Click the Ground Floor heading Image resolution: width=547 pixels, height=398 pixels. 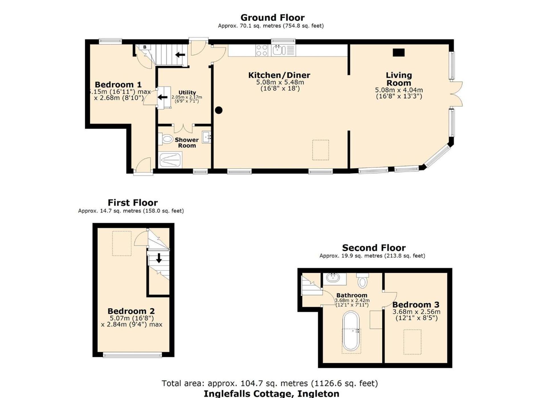point(272,18)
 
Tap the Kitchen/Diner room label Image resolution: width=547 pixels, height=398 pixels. point(279,75)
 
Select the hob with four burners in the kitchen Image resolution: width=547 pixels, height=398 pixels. point(262,50)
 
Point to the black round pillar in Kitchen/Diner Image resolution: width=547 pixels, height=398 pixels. point(219,110)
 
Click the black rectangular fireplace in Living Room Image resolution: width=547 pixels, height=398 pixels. point(399,52)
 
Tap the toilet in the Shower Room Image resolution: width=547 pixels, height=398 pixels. point(167,139)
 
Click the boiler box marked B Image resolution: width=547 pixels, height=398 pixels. point(145,47)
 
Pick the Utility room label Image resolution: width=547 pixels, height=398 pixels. point(187,92)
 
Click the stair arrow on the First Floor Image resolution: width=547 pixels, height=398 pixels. point(159,258)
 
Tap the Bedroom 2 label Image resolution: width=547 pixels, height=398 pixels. point(131,311)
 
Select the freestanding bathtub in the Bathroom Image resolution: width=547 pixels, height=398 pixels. point(351,331)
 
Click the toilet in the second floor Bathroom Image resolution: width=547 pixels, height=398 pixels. point(362,281)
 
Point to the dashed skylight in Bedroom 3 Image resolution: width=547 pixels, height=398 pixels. point(412,342)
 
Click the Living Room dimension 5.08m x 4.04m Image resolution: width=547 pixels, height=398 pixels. point(399,90)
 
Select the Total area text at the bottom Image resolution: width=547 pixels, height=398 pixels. point(270,383)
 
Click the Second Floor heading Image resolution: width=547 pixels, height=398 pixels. point(373,248)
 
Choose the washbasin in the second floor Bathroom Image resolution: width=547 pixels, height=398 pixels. point(333,277)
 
